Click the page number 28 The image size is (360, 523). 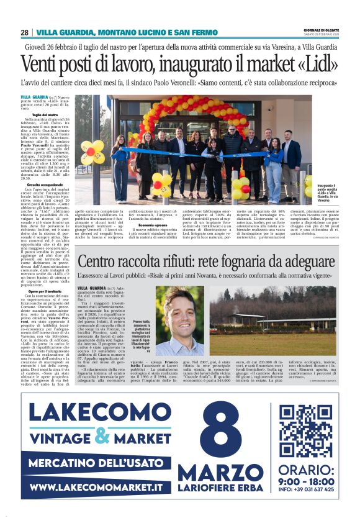[x=25, y=32]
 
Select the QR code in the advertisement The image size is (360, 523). [x=305, y=430]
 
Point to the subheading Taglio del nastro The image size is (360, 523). [x=45, y=115]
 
